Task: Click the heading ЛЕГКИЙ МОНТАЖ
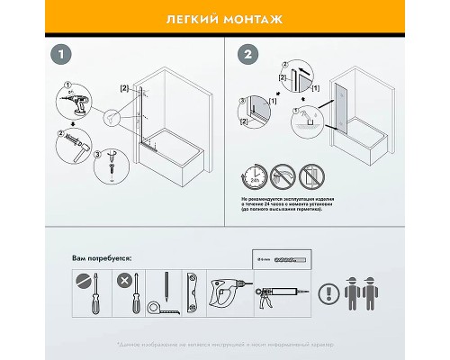[x=225, y=18]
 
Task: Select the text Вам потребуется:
[x=101, y=258]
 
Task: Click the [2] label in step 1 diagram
[x=124, y=88]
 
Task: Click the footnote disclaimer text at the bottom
[x=225, y=346]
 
